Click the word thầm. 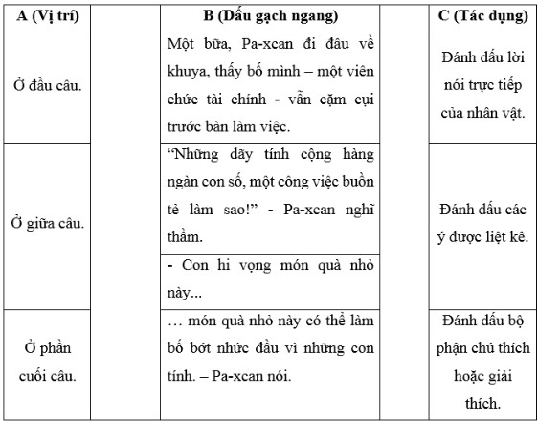186,235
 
